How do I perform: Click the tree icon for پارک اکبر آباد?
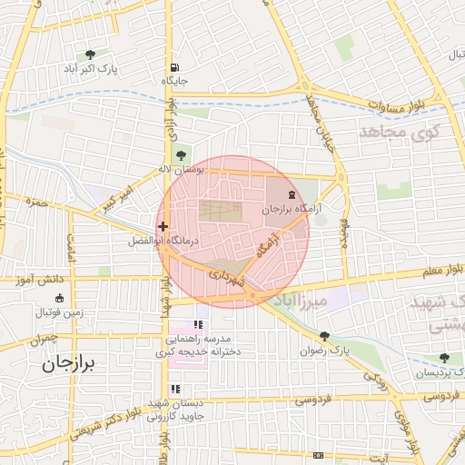[x=90, y=54]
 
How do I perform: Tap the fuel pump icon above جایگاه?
[x=173, y=67]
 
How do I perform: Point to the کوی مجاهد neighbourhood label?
[x=399, y=133]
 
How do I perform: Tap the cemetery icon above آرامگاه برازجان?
[x=292, y=195]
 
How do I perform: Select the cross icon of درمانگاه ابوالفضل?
[x=163, y=227]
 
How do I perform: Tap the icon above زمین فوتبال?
[x=60, y=298]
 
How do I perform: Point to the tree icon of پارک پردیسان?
[x=444, y=358]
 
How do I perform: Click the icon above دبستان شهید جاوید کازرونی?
[x=175, y=390]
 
